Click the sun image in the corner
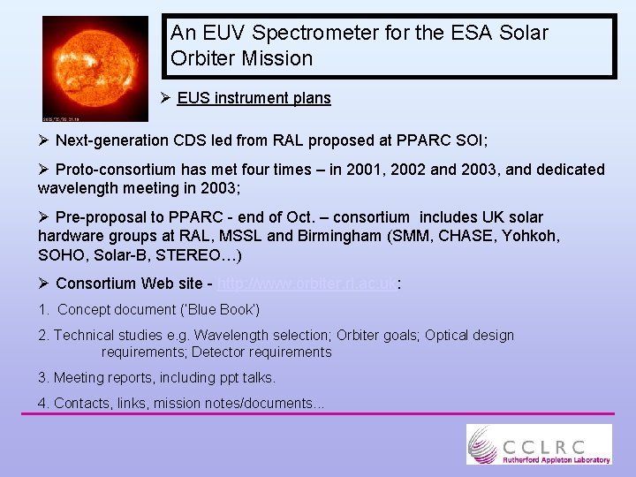[95, 68]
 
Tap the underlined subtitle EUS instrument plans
[254, 98]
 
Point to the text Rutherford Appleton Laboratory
[556, 459]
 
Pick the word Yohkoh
[531, 236]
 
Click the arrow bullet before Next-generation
[44, 140]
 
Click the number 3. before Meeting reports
[43, 377]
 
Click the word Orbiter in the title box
[202, 59]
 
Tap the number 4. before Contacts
[43, 403]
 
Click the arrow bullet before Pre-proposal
[44, 217]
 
